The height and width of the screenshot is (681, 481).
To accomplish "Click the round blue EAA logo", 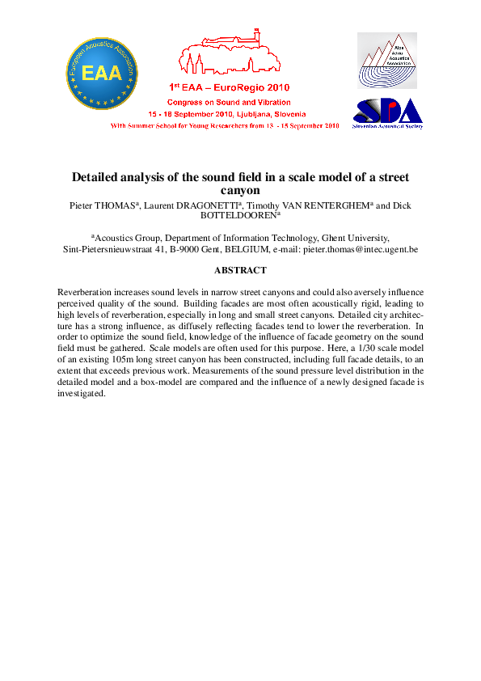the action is (102, 73).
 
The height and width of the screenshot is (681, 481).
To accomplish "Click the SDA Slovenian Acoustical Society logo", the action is (388, 113).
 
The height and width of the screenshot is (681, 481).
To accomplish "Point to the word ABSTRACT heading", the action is (240, 270).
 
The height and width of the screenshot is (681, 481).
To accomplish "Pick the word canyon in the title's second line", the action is (240, 191).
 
